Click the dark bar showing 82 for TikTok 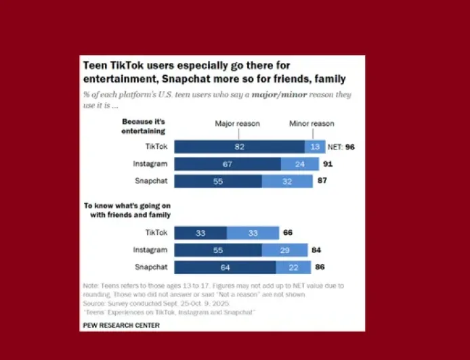click(239, 147)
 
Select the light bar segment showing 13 click(315, 147)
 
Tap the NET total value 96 click(350, 147)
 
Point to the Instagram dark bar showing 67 click(228, 164)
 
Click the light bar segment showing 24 click(300, 164)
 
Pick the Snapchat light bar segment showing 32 click(287, 181)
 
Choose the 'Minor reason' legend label click(312, 124)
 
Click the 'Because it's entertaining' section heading click(144, 125)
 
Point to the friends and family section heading click(127, 210)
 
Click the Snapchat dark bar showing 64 click(225, 267)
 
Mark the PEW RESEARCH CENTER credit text click(121, 325)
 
